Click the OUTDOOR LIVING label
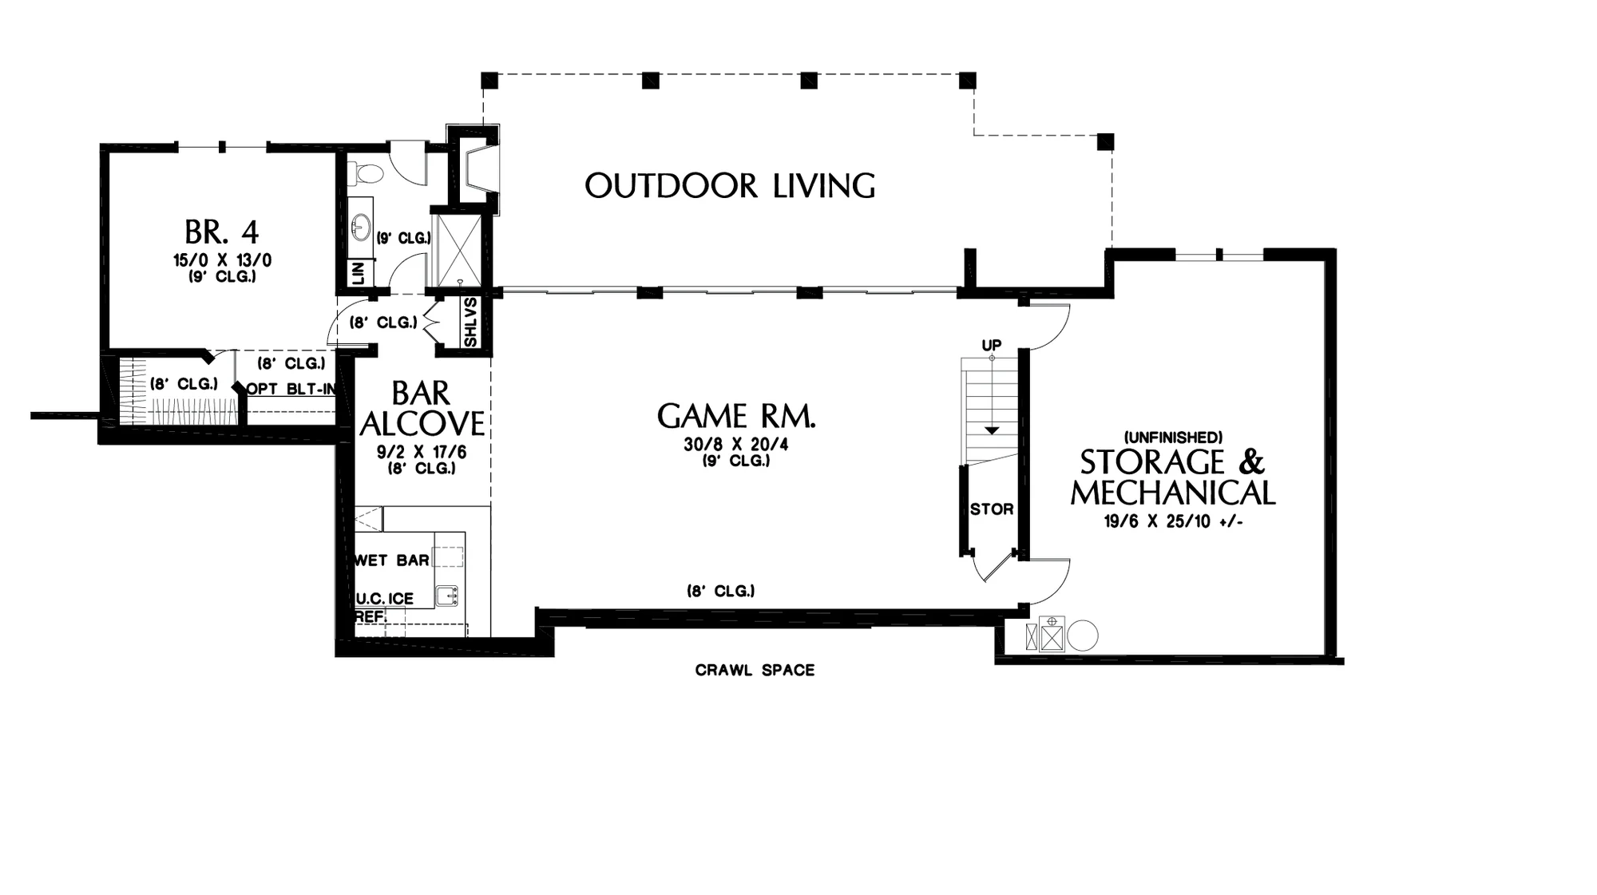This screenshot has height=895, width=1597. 730,185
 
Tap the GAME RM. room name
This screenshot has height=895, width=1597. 736,416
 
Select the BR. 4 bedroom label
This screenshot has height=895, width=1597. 222,232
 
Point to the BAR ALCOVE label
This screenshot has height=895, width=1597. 422,408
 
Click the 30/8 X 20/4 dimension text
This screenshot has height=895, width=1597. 736,444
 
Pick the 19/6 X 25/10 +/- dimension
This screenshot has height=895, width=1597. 1173,521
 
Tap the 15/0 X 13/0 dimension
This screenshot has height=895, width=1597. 223,260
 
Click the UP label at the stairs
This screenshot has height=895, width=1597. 991,345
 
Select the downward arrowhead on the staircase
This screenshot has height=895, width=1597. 991,430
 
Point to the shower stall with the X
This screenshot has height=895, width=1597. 455,248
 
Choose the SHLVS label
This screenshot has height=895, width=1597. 470,323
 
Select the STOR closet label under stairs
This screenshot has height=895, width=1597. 992,509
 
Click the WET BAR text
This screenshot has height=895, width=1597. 392,560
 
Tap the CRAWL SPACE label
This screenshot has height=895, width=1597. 755,670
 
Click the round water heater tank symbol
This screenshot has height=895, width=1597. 1083,636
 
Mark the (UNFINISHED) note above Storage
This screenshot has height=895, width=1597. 1172,438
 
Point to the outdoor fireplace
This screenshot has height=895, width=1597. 474,170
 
